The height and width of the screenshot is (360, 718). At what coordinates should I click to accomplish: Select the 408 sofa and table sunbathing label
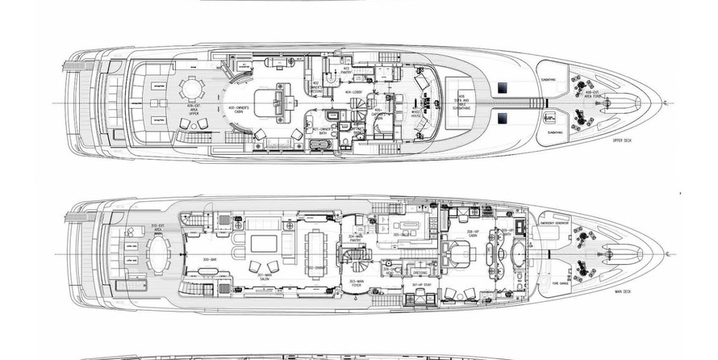pos(463,101)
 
